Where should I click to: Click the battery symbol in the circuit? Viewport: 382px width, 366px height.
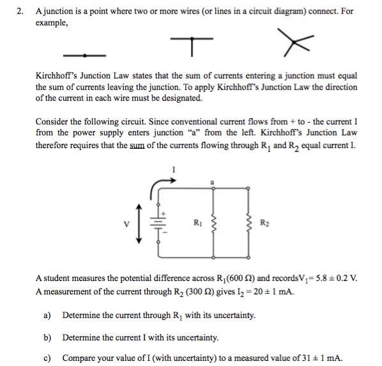pyautogui.click(x=157, y=223)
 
